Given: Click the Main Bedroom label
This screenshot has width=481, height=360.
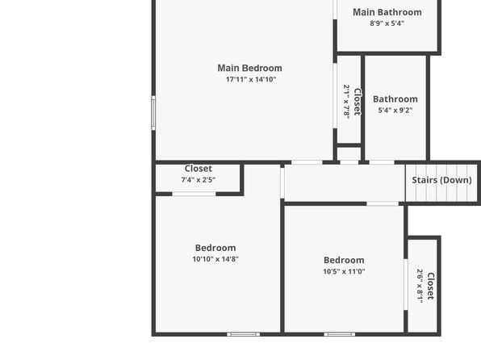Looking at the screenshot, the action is tap(249, 68).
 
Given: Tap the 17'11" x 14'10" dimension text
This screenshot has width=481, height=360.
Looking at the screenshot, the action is tap(251, 79).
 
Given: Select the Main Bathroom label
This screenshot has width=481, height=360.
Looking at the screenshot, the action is tap(387, 12).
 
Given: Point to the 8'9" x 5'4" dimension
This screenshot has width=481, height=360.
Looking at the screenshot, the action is tap(387, 23).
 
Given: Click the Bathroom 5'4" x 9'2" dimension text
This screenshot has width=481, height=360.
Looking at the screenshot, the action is tap(395, 110).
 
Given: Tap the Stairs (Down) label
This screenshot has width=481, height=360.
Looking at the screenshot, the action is tap(441, 180).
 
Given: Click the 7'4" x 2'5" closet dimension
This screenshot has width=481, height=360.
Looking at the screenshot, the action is tap(199, 180).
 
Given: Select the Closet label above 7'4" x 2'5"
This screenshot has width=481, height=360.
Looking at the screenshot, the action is tap(199, 169).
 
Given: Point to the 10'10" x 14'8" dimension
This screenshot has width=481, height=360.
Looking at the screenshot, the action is tap(215, 259).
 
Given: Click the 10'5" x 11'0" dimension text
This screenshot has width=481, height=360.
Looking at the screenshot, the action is tap(344, 271).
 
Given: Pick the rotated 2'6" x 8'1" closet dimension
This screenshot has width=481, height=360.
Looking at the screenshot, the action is tap(420, 286).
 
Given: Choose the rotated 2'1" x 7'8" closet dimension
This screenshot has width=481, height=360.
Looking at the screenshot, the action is tap(347, 101).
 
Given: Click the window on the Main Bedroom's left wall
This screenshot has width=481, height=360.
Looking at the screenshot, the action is tap(153, 113).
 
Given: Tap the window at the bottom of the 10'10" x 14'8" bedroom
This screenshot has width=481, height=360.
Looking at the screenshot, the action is tap(243, 334).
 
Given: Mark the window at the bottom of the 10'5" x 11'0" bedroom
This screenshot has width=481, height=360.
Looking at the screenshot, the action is tap(340, 334).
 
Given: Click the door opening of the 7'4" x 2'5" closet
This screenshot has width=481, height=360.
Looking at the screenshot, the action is tap(194, 194).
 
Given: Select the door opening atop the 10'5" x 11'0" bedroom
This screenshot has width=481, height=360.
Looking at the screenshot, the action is tap(383, 203).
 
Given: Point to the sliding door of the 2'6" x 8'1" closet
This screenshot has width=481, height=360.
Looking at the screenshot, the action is tap(405, 284).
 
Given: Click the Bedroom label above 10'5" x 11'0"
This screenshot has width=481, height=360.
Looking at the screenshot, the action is tap(344, 260).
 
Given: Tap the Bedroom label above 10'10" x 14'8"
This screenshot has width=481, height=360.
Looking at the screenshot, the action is tap(215, 248).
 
